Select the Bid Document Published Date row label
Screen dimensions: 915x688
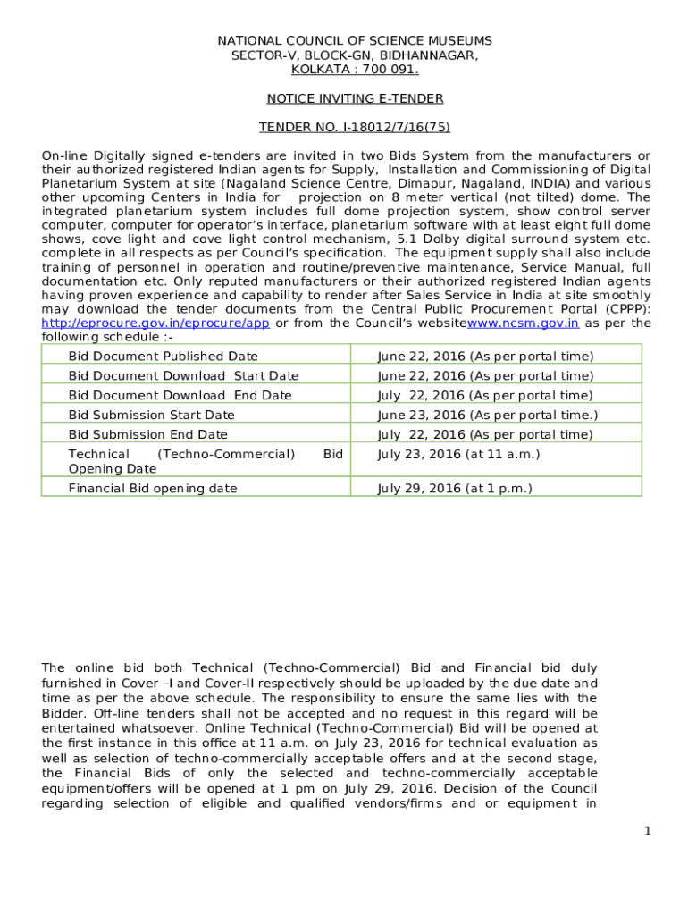pyautogui.click(x=164, y=357)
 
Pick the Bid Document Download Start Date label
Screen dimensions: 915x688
pyautogui.click(x=183, y=376)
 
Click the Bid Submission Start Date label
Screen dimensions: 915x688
pyautogui.click(x=152, y=416)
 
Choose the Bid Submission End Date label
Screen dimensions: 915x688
pyautogui.click(x=148, y=435)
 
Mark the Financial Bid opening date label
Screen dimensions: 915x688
pyautogui.click(x=153, y=489)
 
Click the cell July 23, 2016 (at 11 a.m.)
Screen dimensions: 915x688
pyautogui.click(x=458, y=455)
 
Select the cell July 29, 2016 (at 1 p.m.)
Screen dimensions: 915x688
pyautogui.click(x=455, y=489)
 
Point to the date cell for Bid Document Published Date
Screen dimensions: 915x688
pyautogui.click(x=485, y=357)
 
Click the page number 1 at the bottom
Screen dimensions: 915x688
pyautogui.click(x=647, y=832)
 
